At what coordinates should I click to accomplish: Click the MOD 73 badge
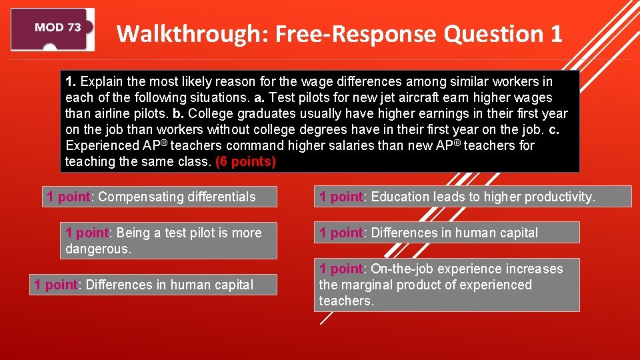click(x=53, y=29)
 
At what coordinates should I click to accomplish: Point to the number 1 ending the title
click(x=557, y=33)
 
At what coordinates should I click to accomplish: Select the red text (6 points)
click(x=245, y=161)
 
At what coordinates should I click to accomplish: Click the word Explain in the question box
click(x=101, y=81)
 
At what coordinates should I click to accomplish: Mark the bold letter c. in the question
click(x=553, y=129)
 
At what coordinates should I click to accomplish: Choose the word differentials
click(x=221, y=197)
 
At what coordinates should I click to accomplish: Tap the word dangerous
click(x=98, y=249)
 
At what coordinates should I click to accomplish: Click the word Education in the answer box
click(x=399, y=197)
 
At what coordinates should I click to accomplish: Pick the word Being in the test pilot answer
click(x=133, y=233)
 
